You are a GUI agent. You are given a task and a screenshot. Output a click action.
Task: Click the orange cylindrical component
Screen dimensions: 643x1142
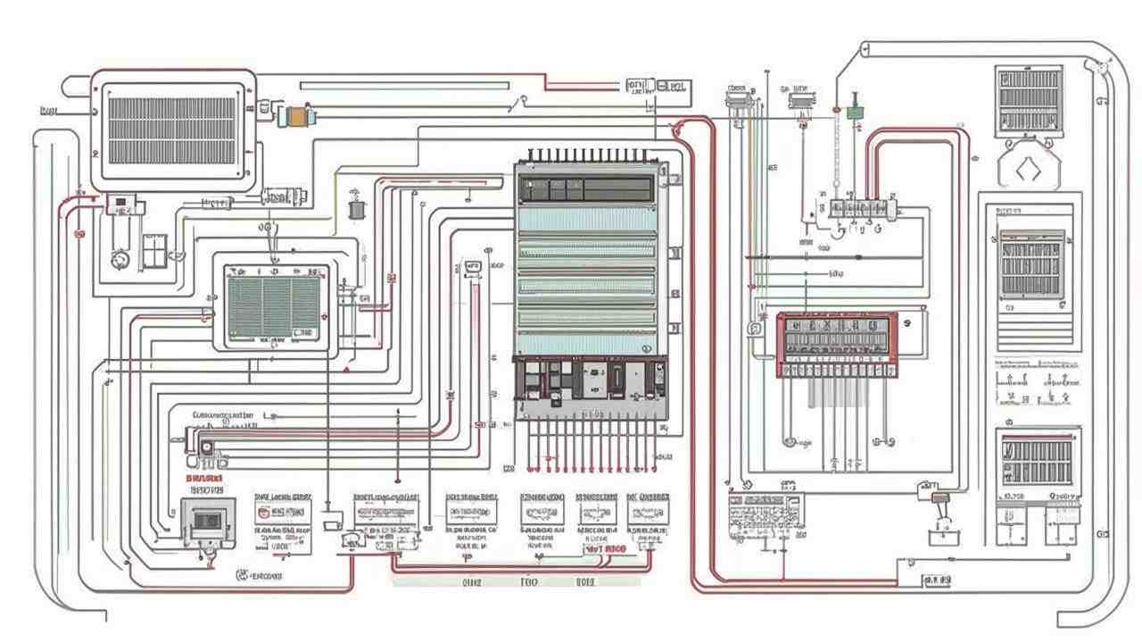(297, 115)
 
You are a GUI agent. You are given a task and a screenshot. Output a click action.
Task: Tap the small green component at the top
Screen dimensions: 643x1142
(855, 112)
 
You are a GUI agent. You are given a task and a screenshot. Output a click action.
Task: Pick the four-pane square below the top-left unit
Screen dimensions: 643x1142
(154, 250)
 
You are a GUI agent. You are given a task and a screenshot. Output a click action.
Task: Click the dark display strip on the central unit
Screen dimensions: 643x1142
(589, 189)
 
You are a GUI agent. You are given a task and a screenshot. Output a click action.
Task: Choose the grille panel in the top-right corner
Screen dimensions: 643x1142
(1029, 100)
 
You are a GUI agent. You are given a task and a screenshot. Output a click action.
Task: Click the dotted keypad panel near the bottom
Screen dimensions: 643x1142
(765, 515)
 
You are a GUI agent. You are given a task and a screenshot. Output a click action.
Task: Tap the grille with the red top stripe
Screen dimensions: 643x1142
(1034, 460)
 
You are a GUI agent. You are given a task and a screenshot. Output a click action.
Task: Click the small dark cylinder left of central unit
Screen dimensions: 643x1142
(357, 210)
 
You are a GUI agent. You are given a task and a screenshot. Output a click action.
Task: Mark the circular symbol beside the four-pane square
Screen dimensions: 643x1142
(120, 259)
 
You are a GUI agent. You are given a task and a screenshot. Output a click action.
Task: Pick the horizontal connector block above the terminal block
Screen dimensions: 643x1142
(862, 208)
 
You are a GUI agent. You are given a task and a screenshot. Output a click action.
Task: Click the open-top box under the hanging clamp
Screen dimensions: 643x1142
(942, 536)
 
